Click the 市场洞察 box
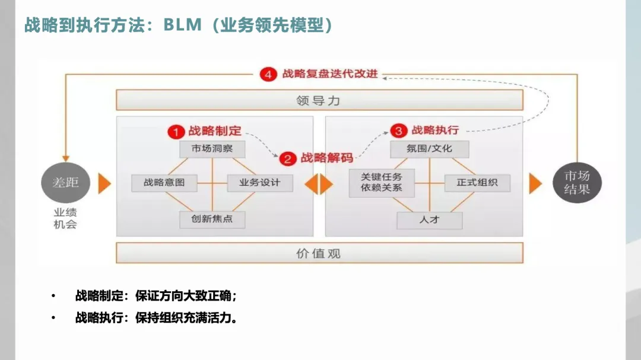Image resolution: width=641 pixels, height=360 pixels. click(x=212, y=149)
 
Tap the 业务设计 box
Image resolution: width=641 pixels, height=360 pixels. click(x=260, y=183)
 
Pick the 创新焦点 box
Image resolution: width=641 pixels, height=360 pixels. click(x=212, y=219)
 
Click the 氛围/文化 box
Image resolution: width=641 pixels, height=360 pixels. click(x=429, y=149)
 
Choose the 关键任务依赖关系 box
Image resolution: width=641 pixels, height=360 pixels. click(x=382, y=183)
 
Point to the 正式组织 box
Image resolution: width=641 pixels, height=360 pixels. click(x=477, y=183)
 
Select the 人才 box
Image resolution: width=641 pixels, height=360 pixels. click(x=429, y=220)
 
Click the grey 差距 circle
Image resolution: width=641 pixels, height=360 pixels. click(x=65, y=183)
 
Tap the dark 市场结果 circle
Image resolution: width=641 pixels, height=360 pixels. click(x=576, y=183)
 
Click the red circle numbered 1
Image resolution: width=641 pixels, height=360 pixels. click(x=174, y=131)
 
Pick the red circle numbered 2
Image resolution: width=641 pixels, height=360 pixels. click(x=287, y=158)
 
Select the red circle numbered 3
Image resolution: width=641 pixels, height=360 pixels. click(x=399, y=130)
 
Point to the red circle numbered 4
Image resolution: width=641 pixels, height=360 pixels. click(x=268, y=75)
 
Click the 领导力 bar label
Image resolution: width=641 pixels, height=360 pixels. click(x=319, y=100)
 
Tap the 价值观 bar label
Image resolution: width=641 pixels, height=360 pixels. click(x=319, y=253)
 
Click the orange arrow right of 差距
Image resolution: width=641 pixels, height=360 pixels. click(x=105, y=183)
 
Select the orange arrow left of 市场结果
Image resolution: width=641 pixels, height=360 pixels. click(x=535, y=183)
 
